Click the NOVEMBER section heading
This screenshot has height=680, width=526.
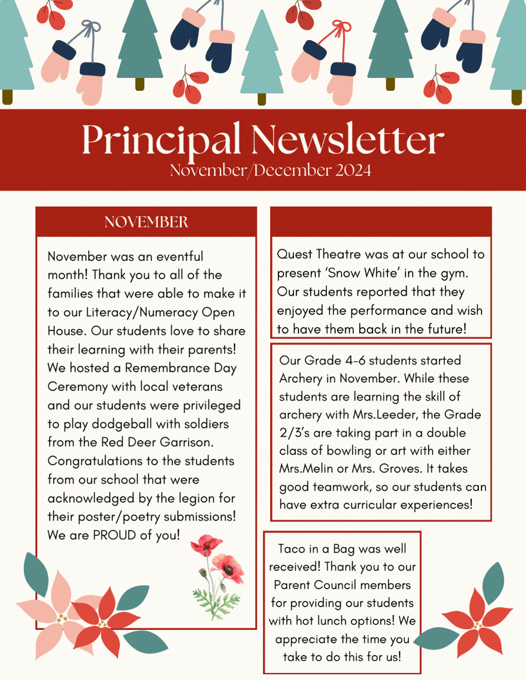[x=146, y=222]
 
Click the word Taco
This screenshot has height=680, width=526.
[x=292, y=549]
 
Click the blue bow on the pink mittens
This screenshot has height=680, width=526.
[x=91, y=28]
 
